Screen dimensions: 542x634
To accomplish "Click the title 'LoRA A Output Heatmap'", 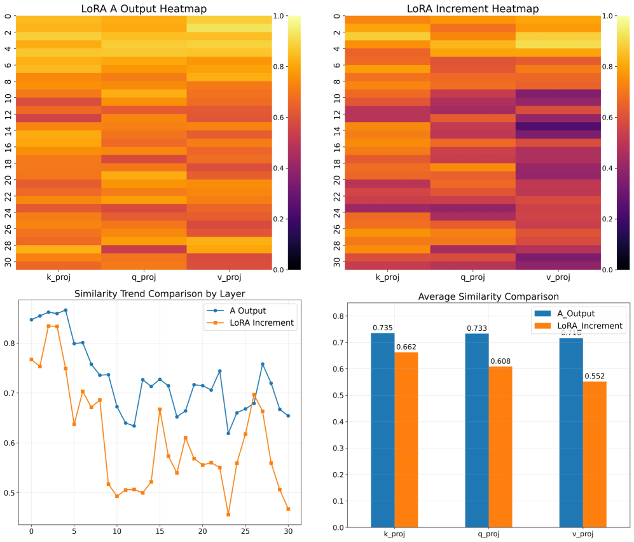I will (x=144, y=9).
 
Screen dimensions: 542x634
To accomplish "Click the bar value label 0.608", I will (x=500, y=361).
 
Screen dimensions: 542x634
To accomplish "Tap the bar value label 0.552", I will (x=595, y=376).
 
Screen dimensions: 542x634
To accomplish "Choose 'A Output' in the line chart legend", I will (x=248, y=311).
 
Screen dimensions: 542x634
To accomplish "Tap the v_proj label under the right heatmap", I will (x=558, y=277).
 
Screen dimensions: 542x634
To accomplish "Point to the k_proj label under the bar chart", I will (x=394, y=534).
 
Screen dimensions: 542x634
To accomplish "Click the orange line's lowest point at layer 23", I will (x=228, y=514).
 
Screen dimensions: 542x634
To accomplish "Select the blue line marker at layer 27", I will (x=263, y=364).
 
